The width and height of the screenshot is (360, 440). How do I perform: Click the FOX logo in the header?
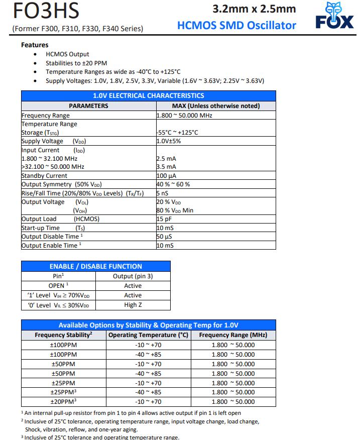[x=334, y=16]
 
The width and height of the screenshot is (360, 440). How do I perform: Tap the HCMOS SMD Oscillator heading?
[x=236, y=25]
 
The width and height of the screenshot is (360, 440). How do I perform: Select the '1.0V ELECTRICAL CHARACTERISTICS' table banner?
[x=149, y=95]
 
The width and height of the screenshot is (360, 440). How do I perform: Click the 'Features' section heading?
[x=35, y=45]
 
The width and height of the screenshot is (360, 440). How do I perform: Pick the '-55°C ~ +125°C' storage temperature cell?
[x=177, y=133]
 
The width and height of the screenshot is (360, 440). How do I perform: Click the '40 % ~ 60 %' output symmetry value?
[x=173, y=184]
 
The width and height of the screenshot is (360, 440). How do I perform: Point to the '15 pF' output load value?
[x=164, y=219]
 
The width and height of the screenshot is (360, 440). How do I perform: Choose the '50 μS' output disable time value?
[x=164, y=237]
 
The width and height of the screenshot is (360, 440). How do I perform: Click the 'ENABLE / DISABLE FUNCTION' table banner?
[x=95, y=266]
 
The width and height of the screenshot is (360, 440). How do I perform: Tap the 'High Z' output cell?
[x=133, y=305]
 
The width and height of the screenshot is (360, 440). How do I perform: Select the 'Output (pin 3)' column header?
[x=133, y=276]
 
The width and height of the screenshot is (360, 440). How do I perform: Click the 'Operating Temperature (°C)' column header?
[x=148, y=335]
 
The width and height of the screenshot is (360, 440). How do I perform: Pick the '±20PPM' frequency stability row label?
[x=63, y=401]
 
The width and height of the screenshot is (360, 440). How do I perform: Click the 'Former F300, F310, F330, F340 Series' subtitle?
[x=77, y=29]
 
